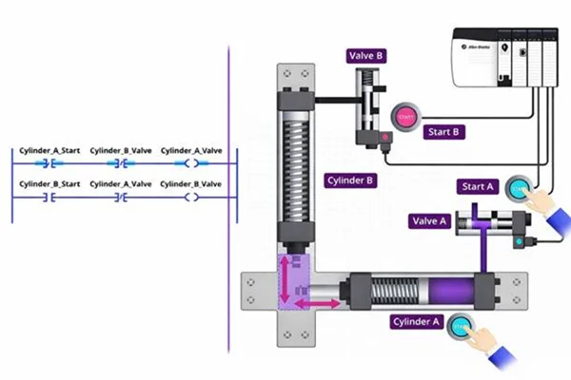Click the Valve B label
367,57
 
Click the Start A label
477,186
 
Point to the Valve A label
429,221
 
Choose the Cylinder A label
417,322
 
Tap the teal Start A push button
518,187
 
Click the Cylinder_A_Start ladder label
50,150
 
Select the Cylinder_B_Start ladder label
50,182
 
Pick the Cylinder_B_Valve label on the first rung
121,150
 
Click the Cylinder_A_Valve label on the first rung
191,150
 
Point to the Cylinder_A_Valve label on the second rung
121,182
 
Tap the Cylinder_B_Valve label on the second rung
191,182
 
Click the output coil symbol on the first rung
191,164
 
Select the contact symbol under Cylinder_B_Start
50,198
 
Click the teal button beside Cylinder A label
462,325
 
